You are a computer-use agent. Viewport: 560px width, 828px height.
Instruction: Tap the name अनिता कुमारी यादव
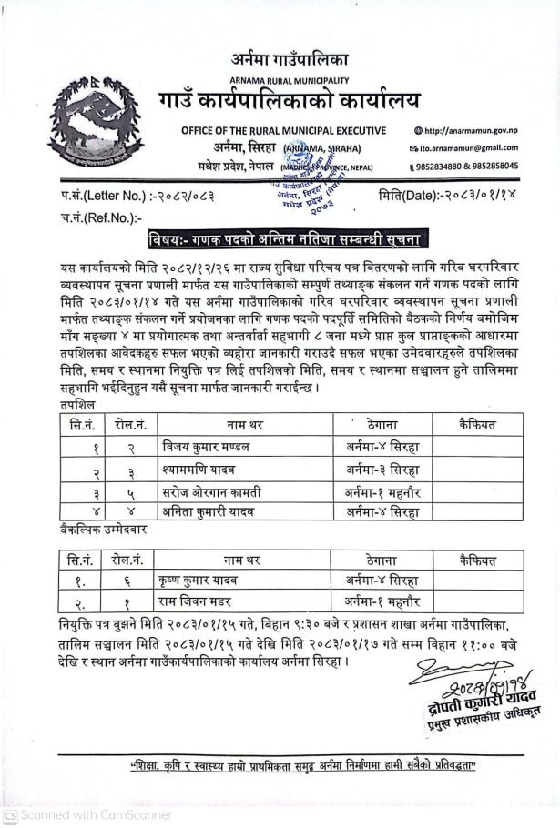click(x=206, y=512)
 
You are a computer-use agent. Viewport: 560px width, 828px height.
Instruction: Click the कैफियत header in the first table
click(x=478, y=424)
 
